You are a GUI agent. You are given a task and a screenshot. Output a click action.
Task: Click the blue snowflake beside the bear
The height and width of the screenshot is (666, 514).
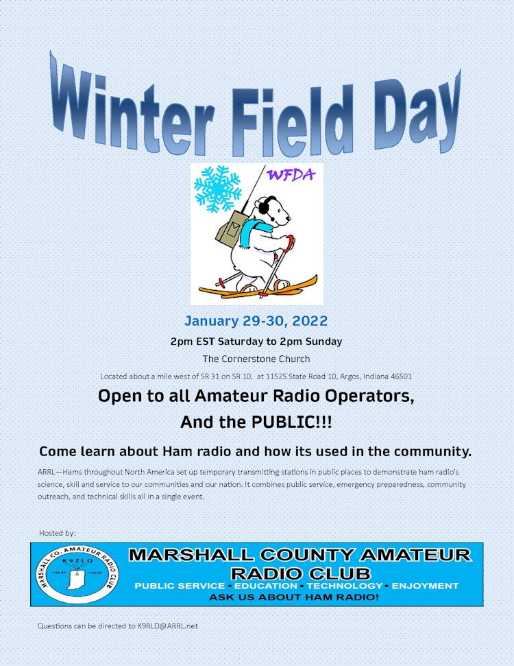point(218,189)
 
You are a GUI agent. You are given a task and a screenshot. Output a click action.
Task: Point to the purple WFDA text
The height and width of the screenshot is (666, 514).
point(291,175)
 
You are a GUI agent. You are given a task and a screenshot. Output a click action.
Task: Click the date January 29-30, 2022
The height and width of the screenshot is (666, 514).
point(256,321)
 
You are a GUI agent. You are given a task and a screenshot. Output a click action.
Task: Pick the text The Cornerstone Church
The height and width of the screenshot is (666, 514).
point(256,359)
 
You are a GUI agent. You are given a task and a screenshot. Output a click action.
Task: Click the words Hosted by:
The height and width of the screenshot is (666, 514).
point(58,533)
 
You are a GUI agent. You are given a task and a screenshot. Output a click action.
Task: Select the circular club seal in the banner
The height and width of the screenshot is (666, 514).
point(77,574)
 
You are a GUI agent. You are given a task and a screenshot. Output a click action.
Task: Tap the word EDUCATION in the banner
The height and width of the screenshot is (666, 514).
point(266,586)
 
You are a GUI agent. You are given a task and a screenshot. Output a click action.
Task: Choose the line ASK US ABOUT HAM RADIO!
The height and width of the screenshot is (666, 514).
point(294,597)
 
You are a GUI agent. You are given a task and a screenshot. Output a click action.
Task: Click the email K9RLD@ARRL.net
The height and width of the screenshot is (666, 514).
point(168,626)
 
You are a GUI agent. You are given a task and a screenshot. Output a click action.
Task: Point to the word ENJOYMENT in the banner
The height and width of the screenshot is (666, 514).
point(426,586)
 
